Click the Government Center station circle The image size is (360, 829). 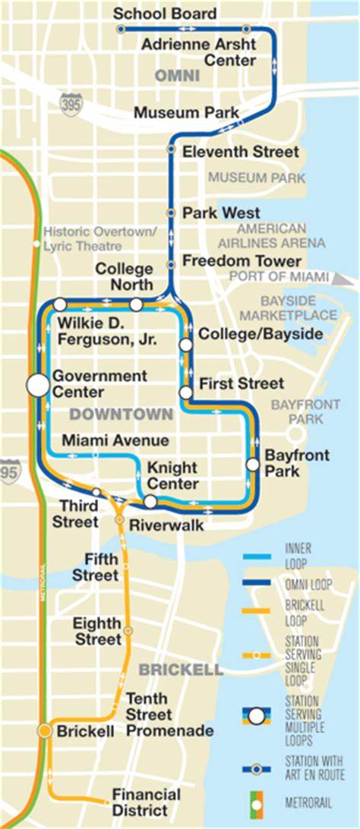[x=37, y=385]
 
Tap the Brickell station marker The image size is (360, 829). [x=45, y=731]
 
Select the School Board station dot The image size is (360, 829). [x=121, y=29]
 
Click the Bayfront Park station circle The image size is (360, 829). [x=253, y=465]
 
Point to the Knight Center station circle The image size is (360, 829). [x=150, y=501]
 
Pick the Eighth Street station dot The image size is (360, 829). [x=128, y=631]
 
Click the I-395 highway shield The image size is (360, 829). [x=70, y=102]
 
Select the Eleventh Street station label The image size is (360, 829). [x=241, y=152]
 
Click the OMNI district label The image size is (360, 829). [x=177, y=76]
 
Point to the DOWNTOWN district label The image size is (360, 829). [x=122, y=414]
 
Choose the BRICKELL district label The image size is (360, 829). [x=181, y=670]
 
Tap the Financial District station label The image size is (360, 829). [x=146, y=802]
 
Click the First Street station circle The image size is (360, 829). [x=185, y=392]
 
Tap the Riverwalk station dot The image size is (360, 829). [x=119, y=520]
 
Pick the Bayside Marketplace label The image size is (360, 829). [x=298, y=307]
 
